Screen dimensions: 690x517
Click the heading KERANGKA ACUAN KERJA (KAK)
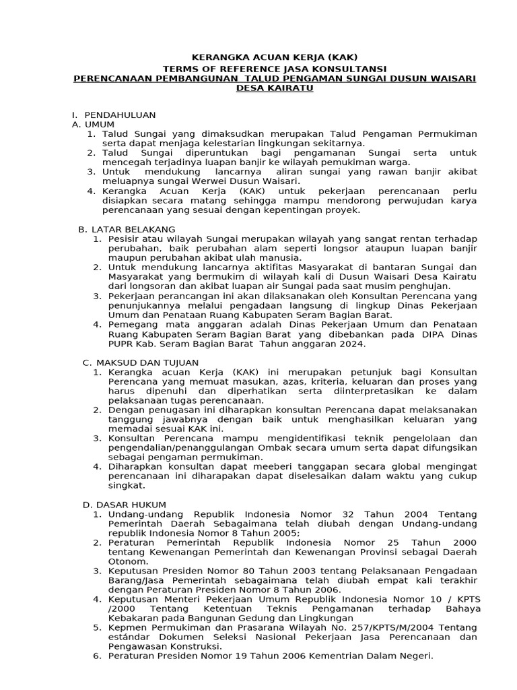click(x=258, y=59)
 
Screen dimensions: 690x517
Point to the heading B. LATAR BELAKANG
click(x=127, y=229)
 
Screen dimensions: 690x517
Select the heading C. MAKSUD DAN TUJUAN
click(x=141, y=363)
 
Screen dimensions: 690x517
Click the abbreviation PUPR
click(x=123, y=344)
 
